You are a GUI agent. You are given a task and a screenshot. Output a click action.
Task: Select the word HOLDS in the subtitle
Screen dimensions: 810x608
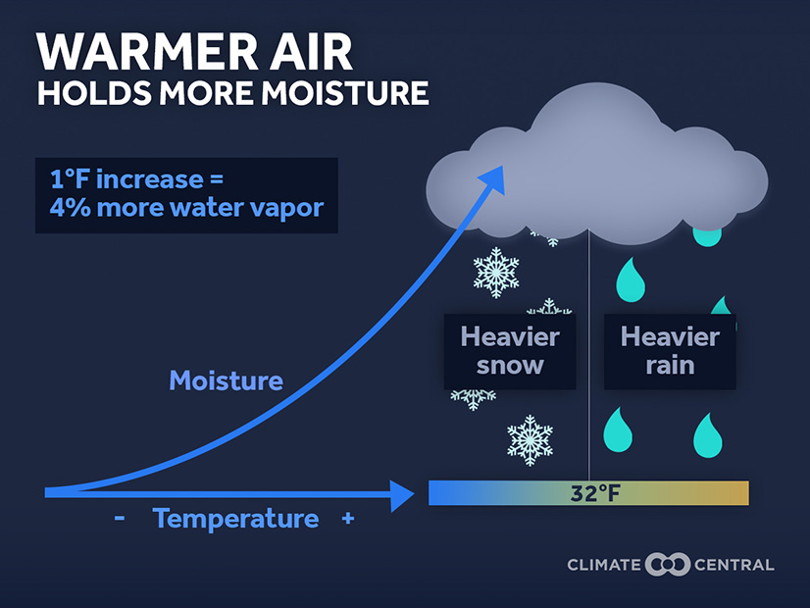click(94, 93)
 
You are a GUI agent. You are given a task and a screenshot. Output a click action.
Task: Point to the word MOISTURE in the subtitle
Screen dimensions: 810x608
click(344, 93)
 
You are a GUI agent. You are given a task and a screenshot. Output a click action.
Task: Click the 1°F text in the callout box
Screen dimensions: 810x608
click(70, 179)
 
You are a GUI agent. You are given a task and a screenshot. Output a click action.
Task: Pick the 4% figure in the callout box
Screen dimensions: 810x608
click(70, 208)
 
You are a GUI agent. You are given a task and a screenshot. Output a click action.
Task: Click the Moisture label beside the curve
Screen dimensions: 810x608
click(227, 380)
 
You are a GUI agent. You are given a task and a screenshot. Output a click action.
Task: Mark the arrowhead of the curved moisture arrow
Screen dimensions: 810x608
click(493, 179)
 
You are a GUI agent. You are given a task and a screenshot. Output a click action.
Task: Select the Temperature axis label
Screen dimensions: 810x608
click(235, 518)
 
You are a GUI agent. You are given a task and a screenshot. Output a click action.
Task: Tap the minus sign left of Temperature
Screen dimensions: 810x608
click(120, 518)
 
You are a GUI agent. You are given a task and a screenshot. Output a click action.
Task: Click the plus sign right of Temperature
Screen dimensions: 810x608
click(348, 518)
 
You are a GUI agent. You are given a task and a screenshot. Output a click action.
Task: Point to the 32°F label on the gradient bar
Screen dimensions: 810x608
click(595, 493)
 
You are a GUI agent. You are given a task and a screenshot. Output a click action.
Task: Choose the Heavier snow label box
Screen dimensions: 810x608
click(510, 351)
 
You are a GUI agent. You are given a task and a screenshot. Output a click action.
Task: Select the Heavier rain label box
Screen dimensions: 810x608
click(670, 351)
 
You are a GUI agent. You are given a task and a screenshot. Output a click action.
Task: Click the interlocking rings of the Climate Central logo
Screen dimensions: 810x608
click(668, 564)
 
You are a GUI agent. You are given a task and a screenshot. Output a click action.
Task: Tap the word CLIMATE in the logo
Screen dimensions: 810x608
click(604, 565)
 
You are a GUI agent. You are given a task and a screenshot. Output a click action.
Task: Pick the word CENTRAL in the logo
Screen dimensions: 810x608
click(734, 565)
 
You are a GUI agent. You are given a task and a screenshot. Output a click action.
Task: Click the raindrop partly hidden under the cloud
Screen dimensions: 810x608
click(707, 236)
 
